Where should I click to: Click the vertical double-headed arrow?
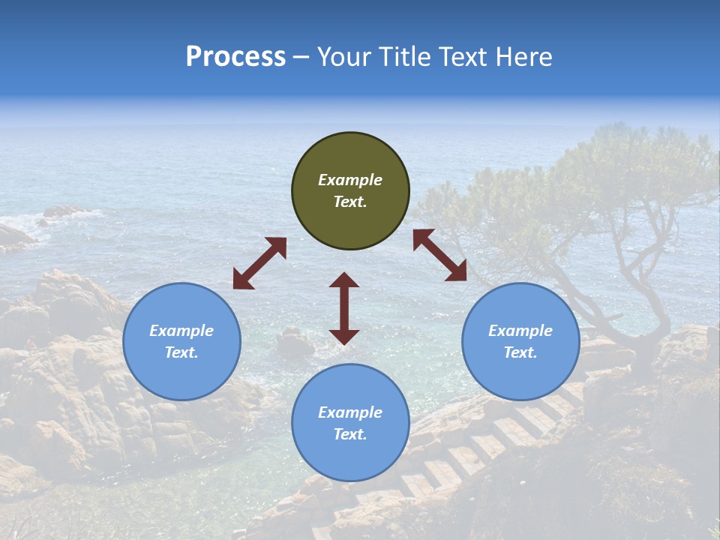(344, 308)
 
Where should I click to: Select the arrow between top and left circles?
(259, 263)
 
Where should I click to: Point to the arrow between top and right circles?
(440, 255)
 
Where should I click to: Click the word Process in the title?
(235, 57)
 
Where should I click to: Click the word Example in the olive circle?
(350, 180)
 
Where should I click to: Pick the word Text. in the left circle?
(181, 352)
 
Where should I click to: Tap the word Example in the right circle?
(520, 331)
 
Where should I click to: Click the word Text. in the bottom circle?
(350, 434)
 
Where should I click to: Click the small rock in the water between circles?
(295, 343)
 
